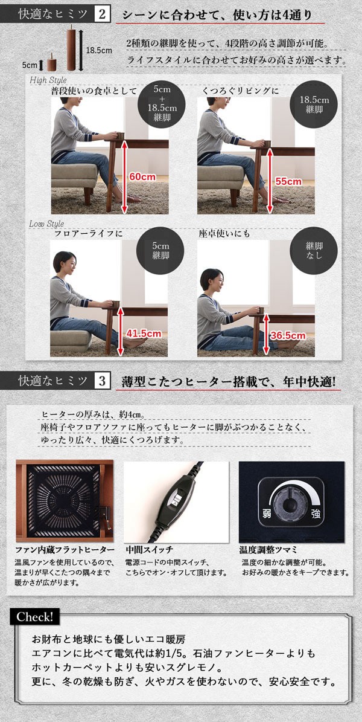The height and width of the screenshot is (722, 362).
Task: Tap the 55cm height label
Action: click(289, 181)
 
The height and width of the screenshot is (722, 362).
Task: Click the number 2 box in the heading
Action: click(102, 15)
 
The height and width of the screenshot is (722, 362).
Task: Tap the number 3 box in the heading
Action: click(102, 381)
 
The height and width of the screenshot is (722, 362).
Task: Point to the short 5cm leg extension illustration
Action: click(51, 63)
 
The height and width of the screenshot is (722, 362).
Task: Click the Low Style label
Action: click(47, 224)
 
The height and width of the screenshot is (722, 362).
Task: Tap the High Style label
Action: click(48, 80)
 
